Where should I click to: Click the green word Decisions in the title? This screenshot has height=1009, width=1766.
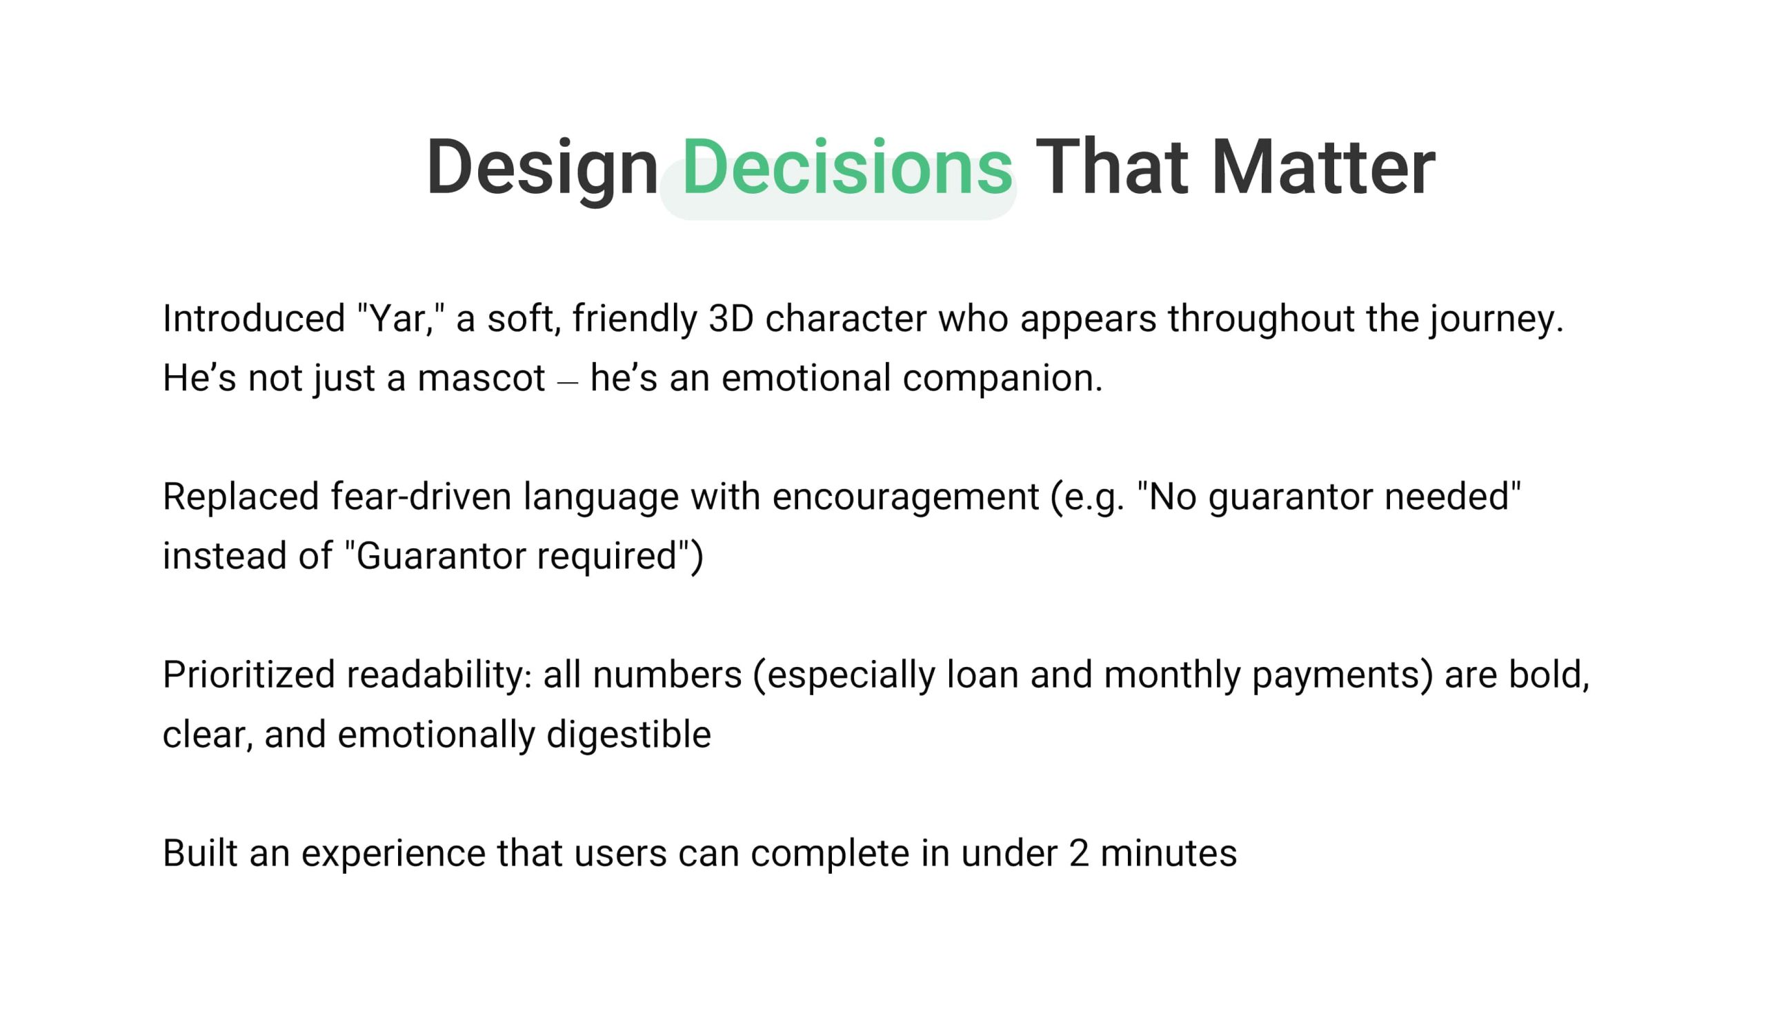click(x=847, y=167)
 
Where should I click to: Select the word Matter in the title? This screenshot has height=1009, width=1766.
click(x=1323, y=167)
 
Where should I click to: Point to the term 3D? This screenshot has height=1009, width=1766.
click(x=731, y=319)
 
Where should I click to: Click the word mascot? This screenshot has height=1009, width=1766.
click(x=481, y=379)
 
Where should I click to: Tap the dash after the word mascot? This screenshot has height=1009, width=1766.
click(x=568, y=382)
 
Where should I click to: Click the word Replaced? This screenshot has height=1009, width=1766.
click(x=241, y=497)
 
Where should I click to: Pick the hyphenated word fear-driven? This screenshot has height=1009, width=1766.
click(x=421, y=497)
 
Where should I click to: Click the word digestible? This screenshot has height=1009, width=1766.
click(x=628, y=735)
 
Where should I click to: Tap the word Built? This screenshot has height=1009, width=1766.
click(x=200, y=853)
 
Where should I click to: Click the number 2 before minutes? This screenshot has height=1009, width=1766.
click(x=1079, y=854)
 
